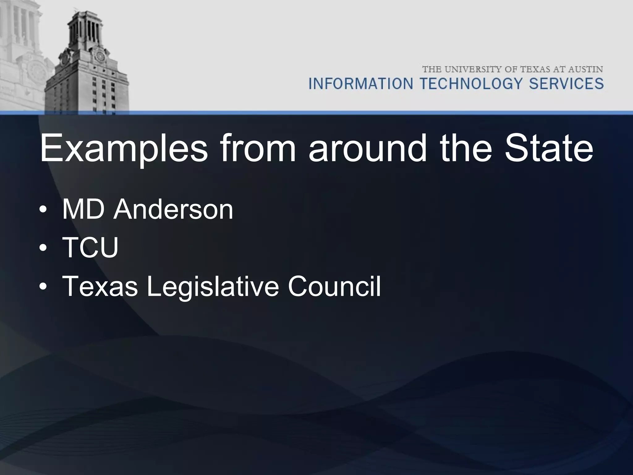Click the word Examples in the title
click(124, 149)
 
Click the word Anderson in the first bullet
click(173, 210)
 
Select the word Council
click(334, 286)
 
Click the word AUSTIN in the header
click(584, 69)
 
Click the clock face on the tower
click(100, 57)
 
